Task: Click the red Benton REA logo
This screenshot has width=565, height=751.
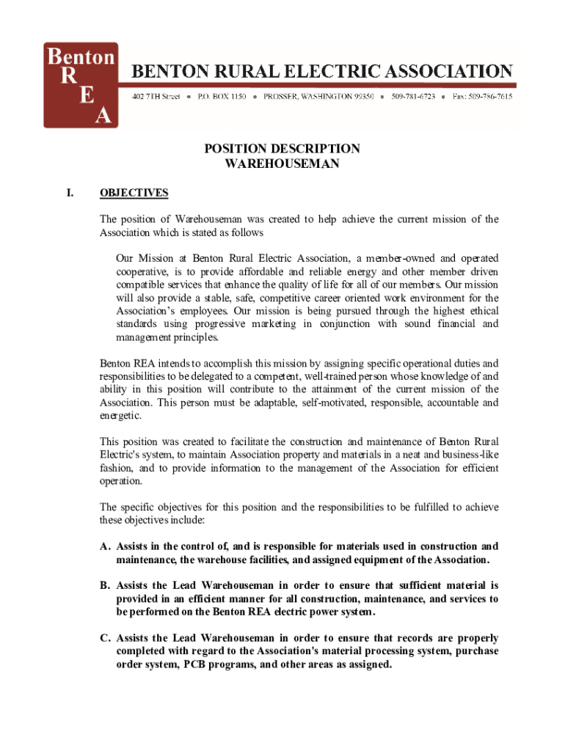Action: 81,84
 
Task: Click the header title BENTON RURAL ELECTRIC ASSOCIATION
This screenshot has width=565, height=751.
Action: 321,71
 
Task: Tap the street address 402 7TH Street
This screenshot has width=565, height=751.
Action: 156,97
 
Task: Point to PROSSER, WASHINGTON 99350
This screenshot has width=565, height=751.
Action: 318,97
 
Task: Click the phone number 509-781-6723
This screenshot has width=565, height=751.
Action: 413,97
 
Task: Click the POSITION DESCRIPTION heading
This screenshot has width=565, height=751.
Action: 282,149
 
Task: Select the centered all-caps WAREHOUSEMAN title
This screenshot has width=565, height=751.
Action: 282,164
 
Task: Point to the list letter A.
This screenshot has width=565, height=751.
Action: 106,546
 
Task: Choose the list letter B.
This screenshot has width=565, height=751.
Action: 106,585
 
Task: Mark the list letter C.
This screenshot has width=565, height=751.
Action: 106,638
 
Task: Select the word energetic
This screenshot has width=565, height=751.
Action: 121,416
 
